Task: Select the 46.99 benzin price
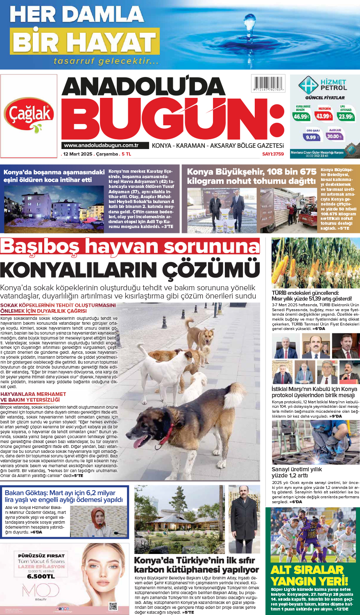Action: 301,116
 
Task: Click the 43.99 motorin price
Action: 324,116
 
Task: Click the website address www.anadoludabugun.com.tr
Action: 101,145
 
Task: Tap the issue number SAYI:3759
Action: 273,154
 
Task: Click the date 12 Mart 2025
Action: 78,154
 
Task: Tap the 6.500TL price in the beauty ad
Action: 41,576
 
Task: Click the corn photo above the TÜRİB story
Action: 315,263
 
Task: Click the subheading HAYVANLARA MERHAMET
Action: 33,394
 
